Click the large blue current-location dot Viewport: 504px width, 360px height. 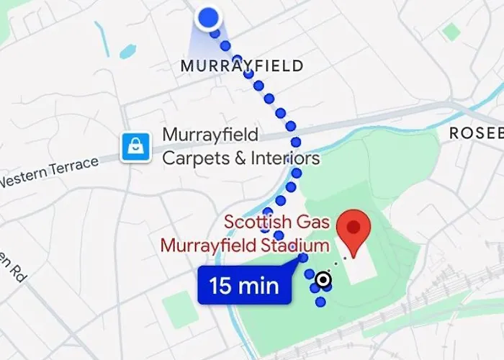pyautogui.click(x=208, y=17)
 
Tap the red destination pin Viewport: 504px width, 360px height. pyautogui.click(x=354, y=229)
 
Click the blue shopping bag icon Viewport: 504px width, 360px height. pyautogui.click(x=135, y=146)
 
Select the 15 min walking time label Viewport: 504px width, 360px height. pyautogui.click(x=244, y=286)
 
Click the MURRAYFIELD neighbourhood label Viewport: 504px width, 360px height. pyautogui.click(x=241, y=66)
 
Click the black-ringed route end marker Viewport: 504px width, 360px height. pyautogui.click(x=323, y=279)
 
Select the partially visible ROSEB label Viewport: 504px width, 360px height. pyautogui.click(x=475, y=133)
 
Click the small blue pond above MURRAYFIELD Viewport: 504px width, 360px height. pyautogui.click(x=127, y=52)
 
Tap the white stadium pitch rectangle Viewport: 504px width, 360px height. pyautogui.click(x=360, y=264)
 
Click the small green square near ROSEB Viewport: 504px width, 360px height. pyautogui.click(x=451, y=31)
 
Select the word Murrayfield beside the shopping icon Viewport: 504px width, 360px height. pyautogui.click(x=210, y=135)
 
